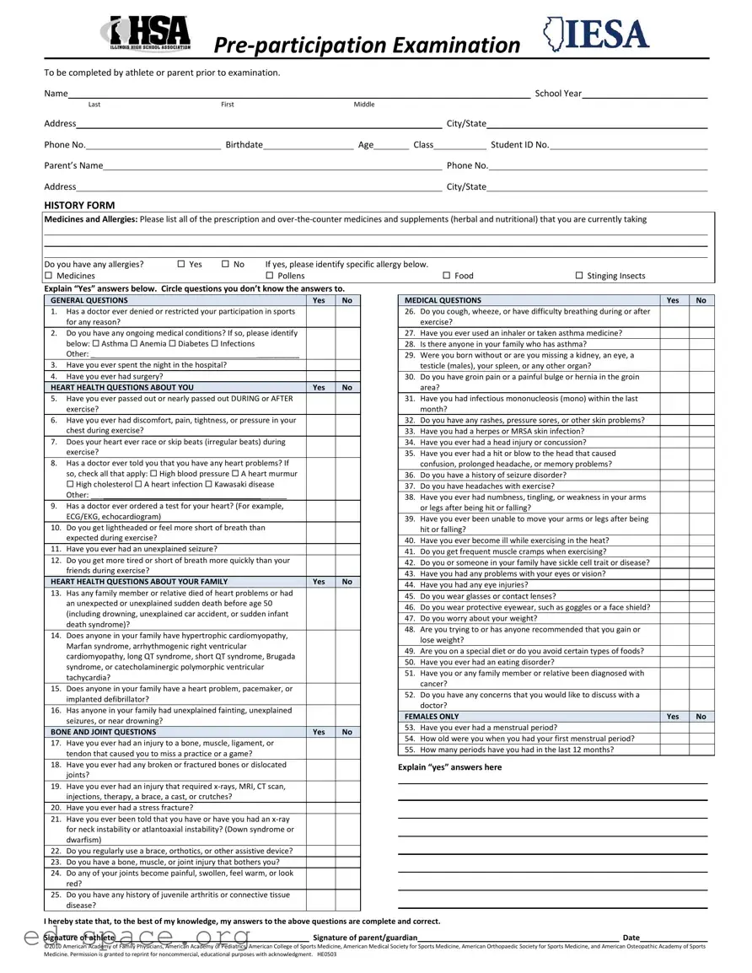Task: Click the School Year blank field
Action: coord(644,94)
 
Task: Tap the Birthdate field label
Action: coord(244,145)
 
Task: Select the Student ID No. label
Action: coord(519,145)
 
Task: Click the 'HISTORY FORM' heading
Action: coord(79,205)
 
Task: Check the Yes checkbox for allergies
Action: coord(181,264)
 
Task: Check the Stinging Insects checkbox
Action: coord(579,276)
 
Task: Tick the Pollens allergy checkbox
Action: coord(270,276)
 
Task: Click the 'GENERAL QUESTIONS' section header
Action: coord(89,300)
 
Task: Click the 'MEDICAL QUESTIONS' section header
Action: coord(443,300)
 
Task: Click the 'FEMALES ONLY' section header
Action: coord(432,717)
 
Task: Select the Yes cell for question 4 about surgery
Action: coord(319,377)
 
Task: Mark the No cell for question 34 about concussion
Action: coord(701,442)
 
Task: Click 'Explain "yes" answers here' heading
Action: coord(449,767)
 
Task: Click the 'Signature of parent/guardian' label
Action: coord(364,938)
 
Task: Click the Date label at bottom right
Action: coord(631,938)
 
